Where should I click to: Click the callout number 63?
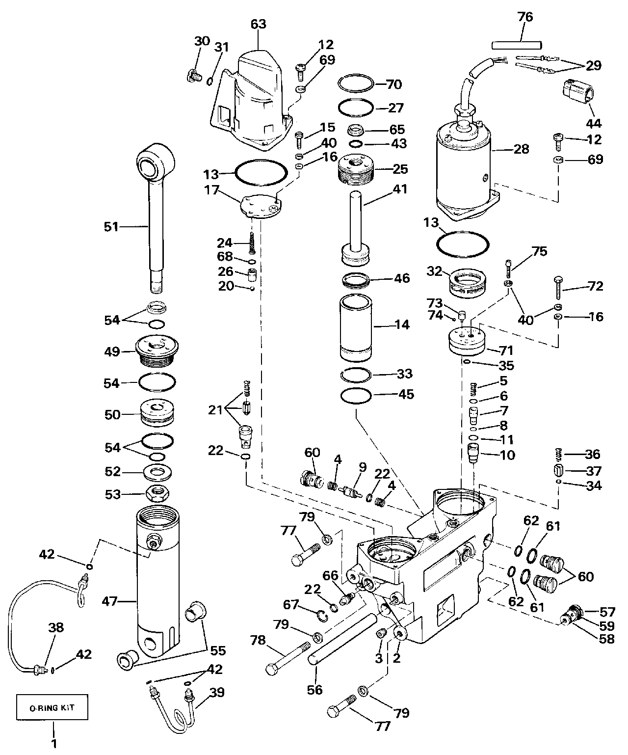[259, 24]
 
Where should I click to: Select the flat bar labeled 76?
[517, 45]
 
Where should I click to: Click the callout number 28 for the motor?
[522, 149]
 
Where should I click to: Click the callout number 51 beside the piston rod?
[111, 227]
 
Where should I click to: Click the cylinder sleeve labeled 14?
[356, 328]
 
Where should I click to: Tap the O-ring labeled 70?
[356, 84]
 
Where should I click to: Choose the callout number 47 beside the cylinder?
[110, 601]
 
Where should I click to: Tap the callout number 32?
[434, 271]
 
